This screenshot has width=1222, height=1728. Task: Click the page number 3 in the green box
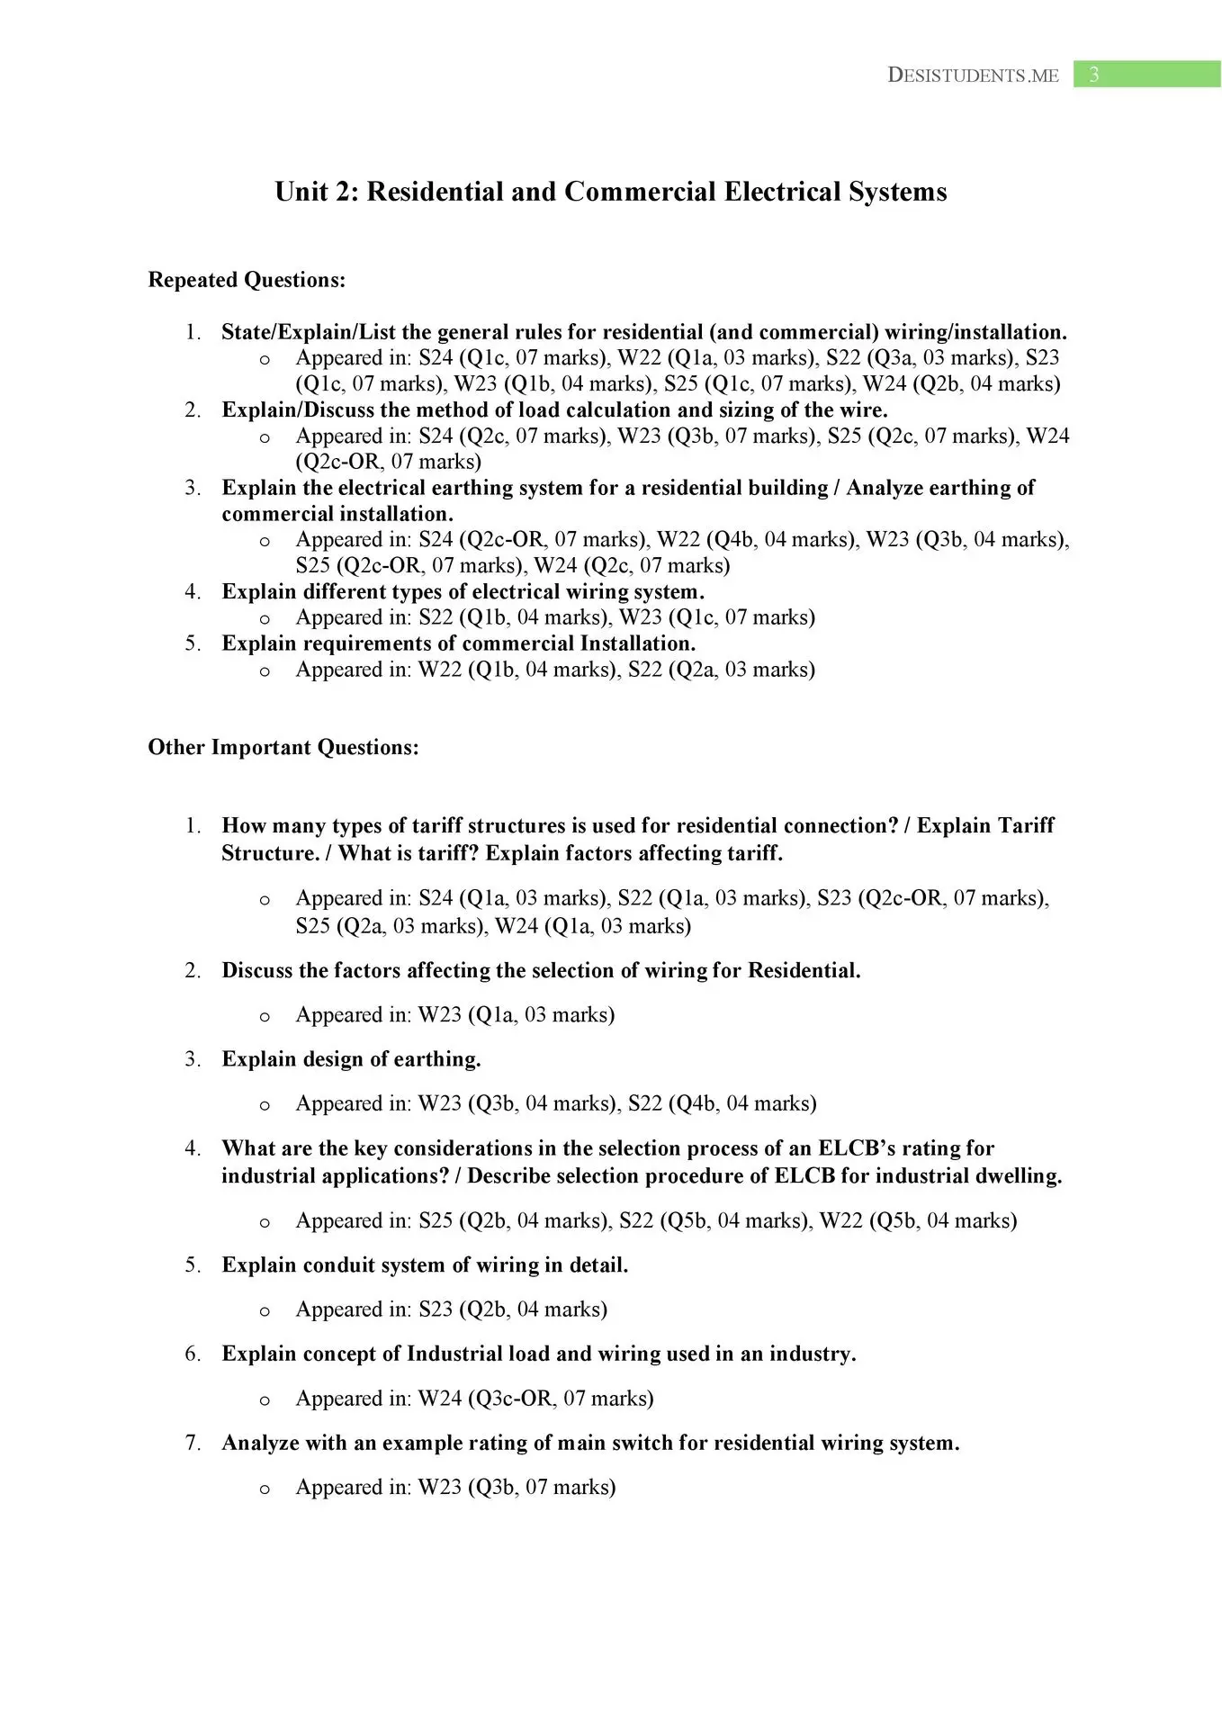pos(1093,75)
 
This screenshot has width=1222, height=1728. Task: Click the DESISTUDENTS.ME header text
pos(973,76)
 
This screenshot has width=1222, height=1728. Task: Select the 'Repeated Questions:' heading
pos(247,280)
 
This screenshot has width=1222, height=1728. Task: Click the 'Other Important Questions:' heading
pos(283,747)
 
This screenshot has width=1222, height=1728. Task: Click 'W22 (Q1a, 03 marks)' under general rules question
pos(715,358)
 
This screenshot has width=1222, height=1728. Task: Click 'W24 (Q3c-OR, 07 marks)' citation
pos(535,1399)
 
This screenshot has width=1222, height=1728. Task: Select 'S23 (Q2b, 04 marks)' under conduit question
pos(513,1309)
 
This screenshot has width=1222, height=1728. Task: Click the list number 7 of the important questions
pos(192,1444)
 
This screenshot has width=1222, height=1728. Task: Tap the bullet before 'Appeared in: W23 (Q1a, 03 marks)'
pos(265,1017)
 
